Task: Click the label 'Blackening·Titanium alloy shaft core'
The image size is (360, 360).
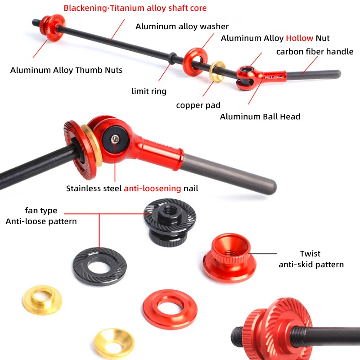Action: [135, 8]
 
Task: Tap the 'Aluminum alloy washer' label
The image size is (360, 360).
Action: [182, 27]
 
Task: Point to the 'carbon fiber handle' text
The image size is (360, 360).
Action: [315, 51]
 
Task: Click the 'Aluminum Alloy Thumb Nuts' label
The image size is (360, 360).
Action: [66, 70]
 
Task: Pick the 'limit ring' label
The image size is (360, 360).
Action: [149, 91]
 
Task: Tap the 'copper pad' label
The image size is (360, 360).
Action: [198, 105]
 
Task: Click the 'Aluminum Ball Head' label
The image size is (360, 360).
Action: [260, 117]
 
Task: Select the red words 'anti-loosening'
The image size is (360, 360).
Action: [152, 189]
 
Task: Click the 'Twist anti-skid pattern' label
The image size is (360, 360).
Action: [311, 259]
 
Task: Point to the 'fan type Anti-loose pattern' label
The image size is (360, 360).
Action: [41, 216]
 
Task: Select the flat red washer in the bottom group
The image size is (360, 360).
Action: [170, 309]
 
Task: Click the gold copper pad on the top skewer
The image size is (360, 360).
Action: [218, 71]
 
